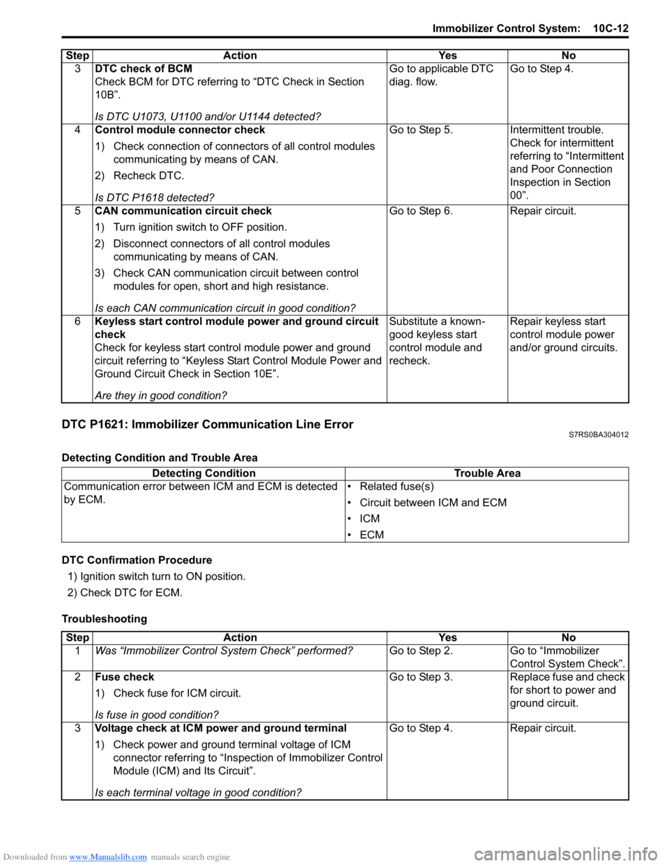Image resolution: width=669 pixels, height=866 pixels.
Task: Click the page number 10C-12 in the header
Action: pos(610,29)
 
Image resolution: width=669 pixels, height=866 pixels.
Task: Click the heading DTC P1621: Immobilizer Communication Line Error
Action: pos(207,425)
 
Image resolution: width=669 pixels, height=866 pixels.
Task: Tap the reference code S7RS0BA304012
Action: pos(598,435)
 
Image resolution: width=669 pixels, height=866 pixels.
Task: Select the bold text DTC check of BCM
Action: pos(144,68)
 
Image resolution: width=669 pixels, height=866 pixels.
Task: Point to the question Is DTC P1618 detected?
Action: pos(154,197)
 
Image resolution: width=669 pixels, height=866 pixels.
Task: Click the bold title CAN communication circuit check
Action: pos(183,211)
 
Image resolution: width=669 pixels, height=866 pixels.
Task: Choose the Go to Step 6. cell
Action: pos(421,211)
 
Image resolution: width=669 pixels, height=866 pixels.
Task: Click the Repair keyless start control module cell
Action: pos(563,335)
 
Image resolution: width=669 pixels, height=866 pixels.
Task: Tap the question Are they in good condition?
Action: pos(160,395)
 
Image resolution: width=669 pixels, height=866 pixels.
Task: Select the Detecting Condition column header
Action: pos(203,473)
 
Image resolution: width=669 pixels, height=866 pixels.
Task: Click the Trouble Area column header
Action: pos(487,473)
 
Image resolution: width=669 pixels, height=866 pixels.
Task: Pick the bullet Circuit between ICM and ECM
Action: pos(433,503)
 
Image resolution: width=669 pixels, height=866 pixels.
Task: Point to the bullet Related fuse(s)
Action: pos(397,487)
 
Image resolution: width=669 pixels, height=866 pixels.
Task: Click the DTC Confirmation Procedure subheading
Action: pos(137,560)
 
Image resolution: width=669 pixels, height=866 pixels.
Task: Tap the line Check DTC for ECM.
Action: pos(131,593)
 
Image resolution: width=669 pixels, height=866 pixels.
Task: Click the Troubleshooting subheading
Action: pos(105,618)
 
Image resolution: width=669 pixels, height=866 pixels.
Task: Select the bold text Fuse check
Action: pos(125,677)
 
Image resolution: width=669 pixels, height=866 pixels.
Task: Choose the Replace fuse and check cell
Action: pos(567,690)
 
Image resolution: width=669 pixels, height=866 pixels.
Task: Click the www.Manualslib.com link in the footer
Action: pos(108,857)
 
